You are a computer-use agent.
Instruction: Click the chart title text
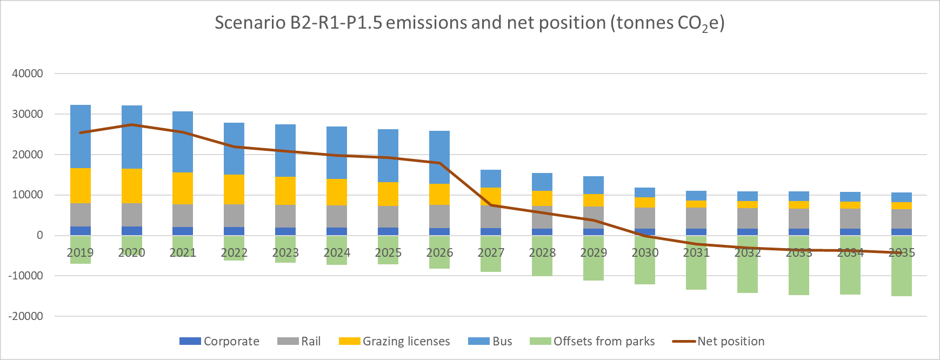[x=469, y=23]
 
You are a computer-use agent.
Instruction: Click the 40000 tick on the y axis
[x=28, y=74]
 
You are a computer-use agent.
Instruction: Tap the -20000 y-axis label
[x=25, y=316]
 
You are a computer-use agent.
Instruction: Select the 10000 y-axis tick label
[x=28, y=195]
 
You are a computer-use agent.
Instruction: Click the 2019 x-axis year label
[x=81, y=253]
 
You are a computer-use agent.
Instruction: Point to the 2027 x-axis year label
[x=491, y=253]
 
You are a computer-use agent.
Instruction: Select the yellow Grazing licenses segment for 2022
[x=234, y=189]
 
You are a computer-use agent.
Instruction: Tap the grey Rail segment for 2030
[x=644, y=218]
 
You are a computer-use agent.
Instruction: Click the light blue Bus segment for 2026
[x=439, y=157]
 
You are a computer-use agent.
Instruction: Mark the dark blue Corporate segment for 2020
[x=132, y=231]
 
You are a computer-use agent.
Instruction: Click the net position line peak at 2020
[x=132, y=125]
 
